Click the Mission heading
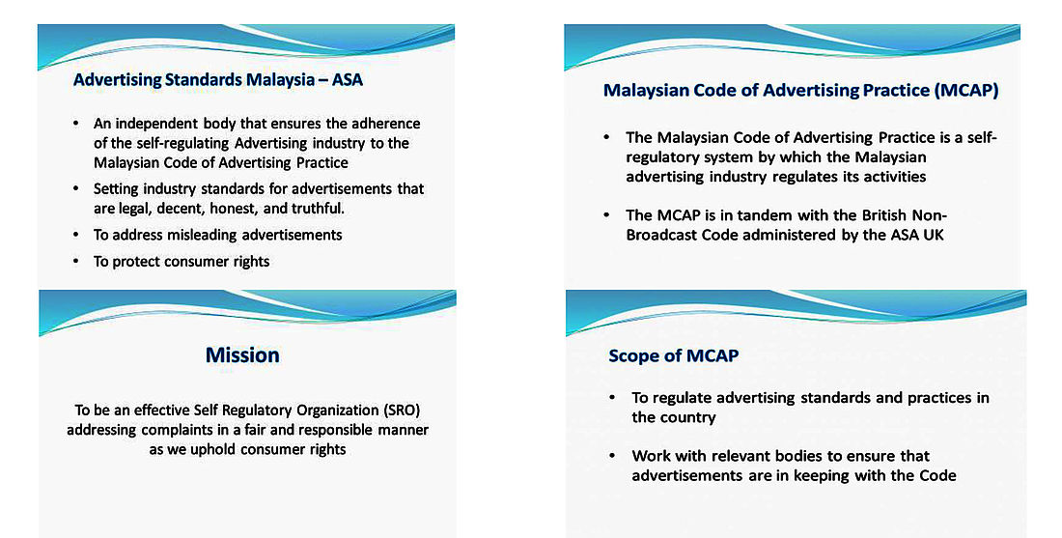(242, 355)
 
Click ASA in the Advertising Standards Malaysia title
(348, 80)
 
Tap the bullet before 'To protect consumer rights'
(76, 262)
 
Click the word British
(884, 215)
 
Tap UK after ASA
(934, 235)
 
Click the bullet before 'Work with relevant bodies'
(612, 456)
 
